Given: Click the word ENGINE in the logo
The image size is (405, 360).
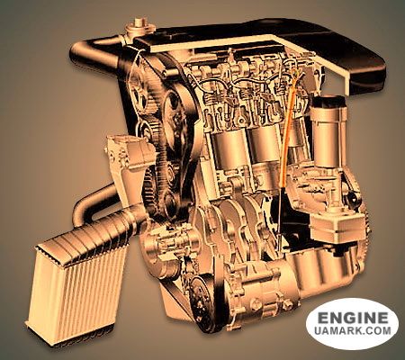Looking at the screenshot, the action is pyautogui.click(x=353, y=318).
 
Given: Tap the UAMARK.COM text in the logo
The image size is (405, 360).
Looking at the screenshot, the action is pyautogui.click(x=353, y=330).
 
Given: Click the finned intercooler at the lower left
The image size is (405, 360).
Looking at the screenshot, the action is pyautogui.click(x=78, y=284).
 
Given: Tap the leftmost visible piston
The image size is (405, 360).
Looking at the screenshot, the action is pyautogui.click(x=229, y=151).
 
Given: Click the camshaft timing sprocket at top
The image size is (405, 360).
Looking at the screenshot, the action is pyautogui.click(x=140, y=90).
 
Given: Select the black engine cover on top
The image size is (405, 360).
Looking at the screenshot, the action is pyautogui.click(x=270, y=45).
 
